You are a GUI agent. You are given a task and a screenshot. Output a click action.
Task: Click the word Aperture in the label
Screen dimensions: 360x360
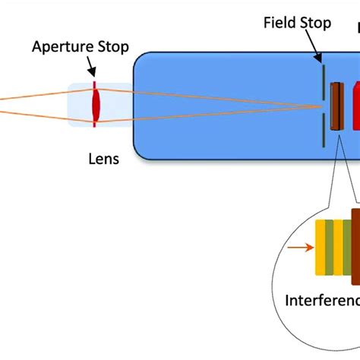point(59,46)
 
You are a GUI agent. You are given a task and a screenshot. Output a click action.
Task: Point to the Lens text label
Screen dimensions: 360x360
point(103,160)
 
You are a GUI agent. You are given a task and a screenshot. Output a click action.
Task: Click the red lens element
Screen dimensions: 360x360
point(96,100)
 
